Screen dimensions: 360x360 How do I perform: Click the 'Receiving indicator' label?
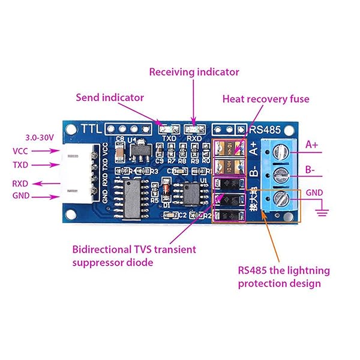click(x=194, y=72)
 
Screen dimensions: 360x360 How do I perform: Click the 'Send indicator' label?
click(x=110, y=97)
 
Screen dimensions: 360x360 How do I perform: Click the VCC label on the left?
click(x=20, y=151)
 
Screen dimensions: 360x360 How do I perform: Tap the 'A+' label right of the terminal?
click(x=313, y=145)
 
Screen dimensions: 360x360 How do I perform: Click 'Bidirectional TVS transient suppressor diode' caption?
click(x=133, y=255)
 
